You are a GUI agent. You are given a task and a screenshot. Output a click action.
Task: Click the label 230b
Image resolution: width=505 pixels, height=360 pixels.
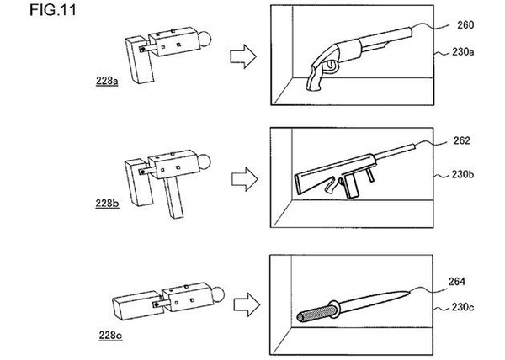(x=460, y=177)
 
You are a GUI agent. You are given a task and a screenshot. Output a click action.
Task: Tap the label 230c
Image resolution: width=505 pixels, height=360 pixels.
(x=460, y=309)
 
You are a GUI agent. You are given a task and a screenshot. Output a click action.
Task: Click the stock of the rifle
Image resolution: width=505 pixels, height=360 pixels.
(x=306, y=179)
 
